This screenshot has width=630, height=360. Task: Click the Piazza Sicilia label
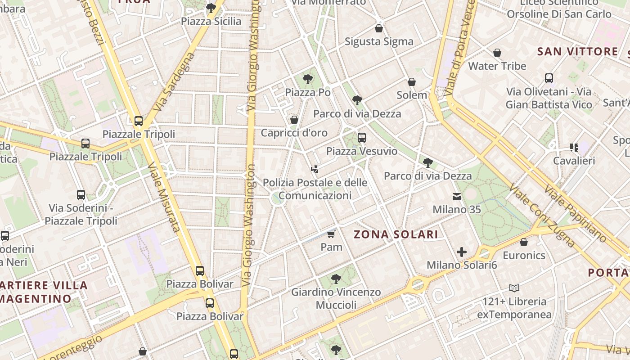pyautogui.click(x=211, y=21)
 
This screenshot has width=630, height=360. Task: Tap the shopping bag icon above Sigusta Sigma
pyautogui.click(x=379, y=29)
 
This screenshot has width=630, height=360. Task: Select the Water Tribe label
pyautogui.click(x=497, y=66)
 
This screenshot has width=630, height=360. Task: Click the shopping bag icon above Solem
pyautogui.click(x=411, y=82)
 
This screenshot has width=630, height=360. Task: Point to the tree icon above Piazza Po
pyautogui.click(x=308, y=80)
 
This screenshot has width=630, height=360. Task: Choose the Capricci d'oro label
pyautogui.click(x=294, y=133)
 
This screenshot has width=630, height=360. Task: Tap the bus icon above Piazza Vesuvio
pyautogui.click(x=362, y=138)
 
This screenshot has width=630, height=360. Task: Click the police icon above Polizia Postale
pyautogui.click(x=315, y=170)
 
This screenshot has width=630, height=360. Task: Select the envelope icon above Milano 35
pyautogui.click(x=457, y=197)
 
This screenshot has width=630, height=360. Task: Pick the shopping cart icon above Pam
pyautogui.click(x=332, y=234)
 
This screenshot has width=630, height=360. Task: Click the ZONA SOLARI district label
pyautogui.click(x=396, y=234)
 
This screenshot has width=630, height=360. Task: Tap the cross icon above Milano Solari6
pyautogui.click(x=462, y=252)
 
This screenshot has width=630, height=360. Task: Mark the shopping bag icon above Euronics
pyautogui.click(x=524, y=242)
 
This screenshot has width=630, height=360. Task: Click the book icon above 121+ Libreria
pyautogui.click(x=514, y=288)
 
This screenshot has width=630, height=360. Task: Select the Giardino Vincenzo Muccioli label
pyautogui.click(x=336, y=298)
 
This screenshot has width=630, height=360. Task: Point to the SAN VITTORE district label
pyautogui.click(x=578, y=51)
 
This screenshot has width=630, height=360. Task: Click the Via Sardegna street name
pyautogui.click(x=173, y=82)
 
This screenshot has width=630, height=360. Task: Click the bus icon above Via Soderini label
pyautogui.click(x=81, y=195)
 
